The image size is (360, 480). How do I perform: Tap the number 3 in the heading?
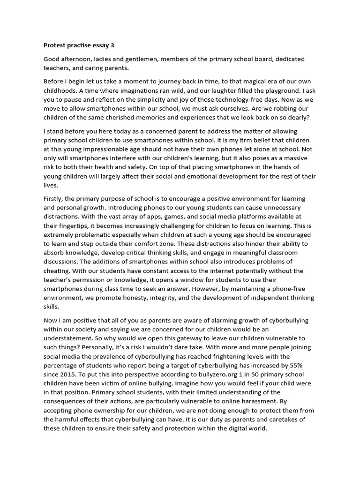click(x=112, y=45)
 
